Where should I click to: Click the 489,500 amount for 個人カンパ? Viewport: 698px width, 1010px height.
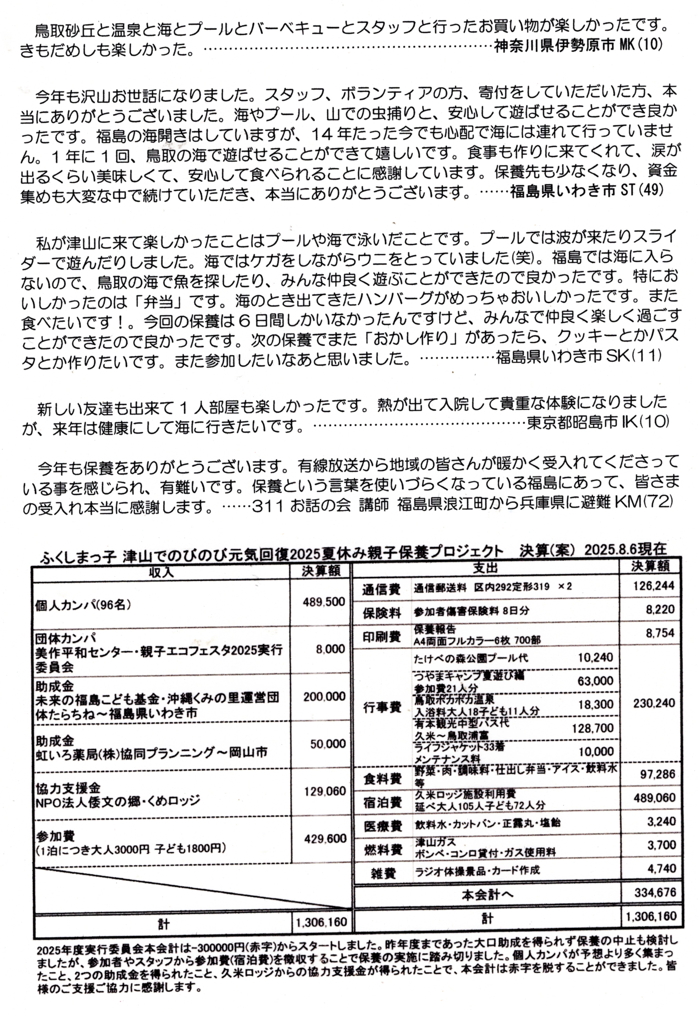pyautogui.click(x=324, y=602)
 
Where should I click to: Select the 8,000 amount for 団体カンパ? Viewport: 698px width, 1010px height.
pyautogui.click(x=331, y=649)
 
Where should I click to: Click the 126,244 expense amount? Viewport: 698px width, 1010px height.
pyautogui.click(x=654, y=585)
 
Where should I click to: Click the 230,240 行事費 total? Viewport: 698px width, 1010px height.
pyautogui.click(x=654, y=703)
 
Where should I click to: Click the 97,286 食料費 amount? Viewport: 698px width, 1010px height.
pyautogui.click(x=657, y=774)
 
